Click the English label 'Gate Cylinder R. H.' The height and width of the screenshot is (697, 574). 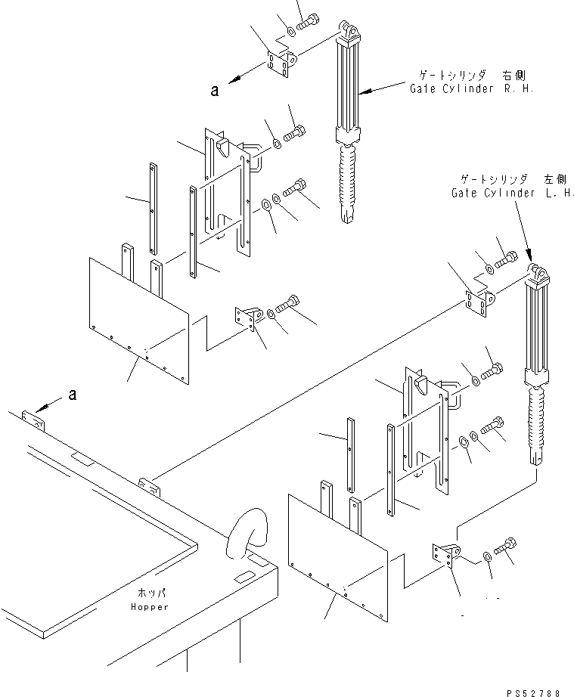(x=471, y=88)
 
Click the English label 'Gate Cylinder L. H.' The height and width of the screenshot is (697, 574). (x=513, y=193)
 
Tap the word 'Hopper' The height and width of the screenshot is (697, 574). (x=150, y=607)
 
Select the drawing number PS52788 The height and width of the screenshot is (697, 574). (x=532, y=692)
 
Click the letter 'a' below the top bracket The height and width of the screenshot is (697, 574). (x=215, y=91)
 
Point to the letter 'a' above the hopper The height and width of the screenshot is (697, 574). (x=73, y=395)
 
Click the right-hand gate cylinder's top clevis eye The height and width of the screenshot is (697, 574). (x=351, y=30)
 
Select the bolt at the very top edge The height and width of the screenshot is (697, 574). (x=307, y=22)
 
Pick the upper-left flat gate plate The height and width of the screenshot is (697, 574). (x=139, y=319)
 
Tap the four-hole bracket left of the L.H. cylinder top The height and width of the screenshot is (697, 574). (x=479, y=304)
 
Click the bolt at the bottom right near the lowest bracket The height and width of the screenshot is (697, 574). (x=505, y=545)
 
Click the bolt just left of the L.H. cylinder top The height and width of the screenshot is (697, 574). (x=507, y=260)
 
